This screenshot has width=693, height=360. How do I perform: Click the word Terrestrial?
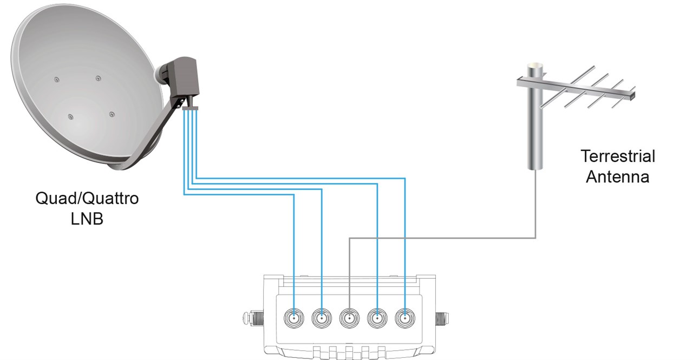click(618, 156)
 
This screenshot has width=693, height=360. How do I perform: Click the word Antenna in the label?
click(618, 176)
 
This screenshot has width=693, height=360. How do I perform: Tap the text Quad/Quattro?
click(87, 199)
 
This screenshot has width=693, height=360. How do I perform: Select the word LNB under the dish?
click(87, 219)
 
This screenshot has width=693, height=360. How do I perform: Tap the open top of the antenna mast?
click(535, 66)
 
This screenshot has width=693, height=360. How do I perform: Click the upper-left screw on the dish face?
click(56, 80)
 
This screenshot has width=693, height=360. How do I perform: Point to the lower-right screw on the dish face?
click(112, 114)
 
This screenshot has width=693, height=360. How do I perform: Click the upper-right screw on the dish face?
click(98, 79)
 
